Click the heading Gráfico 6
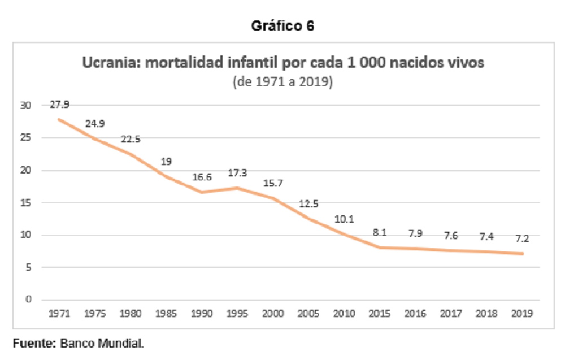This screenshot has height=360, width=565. (282, 26)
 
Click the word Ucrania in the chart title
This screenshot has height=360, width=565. (111, 63)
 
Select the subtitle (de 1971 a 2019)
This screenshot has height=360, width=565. (282, 82)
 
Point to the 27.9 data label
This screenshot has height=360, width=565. (59, 105)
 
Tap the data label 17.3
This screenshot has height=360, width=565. (237, 173)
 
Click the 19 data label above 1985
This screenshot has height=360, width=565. (166, 162)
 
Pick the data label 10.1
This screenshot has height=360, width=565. (344, 219)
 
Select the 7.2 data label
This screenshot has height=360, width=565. (521, 238)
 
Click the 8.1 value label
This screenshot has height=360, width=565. (380, 233)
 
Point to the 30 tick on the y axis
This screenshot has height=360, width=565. (25, 105)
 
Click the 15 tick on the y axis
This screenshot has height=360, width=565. (25, 202)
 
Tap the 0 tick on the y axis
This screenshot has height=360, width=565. (28, 299)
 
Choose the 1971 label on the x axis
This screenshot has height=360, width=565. (59, 314)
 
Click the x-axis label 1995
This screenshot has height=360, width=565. (237, 314)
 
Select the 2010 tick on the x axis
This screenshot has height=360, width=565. (344, 314)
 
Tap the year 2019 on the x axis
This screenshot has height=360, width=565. (521, 314)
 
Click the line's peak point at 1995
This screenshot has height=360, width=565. (237, 188)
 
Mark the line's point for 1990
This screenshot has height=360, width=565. (202, 192)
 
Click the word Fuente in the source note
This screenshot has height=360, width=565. (34, 344)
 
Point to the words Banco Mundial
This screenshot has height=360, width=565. (102, 344)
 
